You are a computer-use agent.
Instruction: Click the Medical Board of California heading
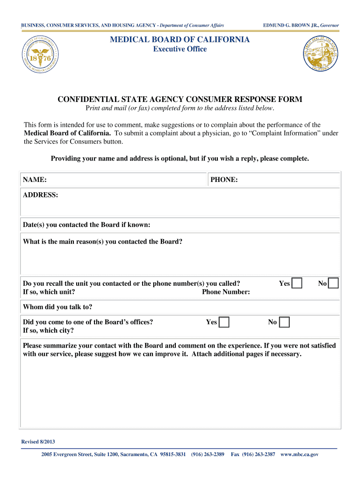click(180, 40)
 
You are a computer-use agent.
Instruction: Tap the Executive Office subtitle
click(180, 49)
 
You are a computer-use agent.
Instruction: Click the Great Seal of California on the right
click(320, 54)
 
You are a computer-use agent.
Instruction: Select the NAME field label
click(35, 180)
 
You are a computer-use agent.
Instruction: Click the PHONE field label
click(224, 180)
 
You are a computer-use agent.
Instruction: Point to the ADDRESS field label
click(41, 195)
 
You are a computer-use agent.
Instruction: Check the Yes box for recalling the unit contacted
click(297, 283)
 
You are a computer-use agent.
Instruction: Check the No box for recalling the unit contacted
click(333, 283)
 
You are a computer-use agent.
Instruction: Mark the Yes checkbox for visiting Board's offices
click(224, 322)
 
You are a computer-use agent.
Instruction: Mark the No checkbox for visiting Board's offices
click(284, 322)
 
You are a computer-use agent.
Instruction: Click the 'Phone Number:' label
click(226, 292)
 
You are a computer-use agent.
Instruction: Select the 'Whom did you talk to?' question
click(58, 307)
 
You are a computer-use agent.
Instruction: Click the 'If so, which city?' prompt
click(48, 331)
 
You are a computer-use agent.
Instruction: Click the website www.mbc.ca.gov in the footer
click(299, 455)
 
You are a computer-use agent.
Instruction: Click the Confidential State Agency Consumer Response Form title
click(180, 99)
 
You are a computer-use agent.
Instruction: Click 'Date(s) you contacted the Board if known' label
click(86, 225)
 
